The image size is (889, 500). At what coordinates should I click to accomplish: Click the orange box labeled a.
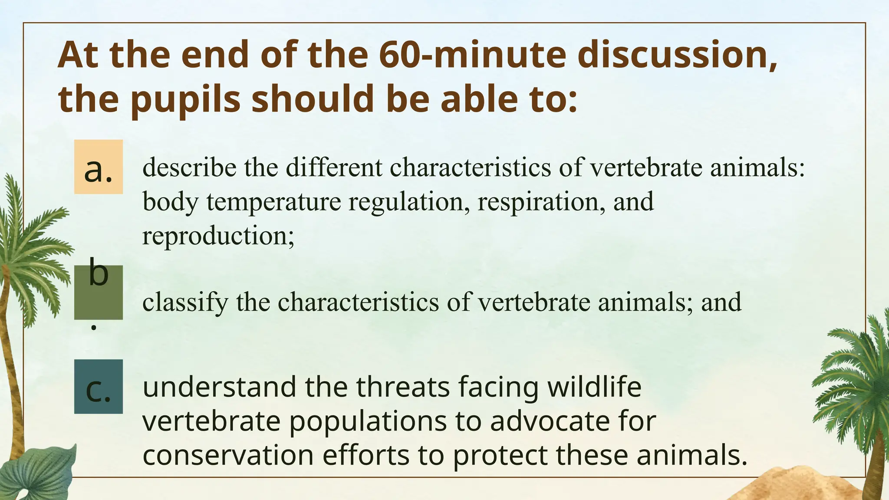(98, 167)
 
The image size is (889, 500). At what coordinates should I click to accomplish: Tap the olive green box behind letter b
(98, 299)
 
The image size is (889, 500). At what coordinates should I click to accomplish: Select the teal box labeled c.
(98, 387)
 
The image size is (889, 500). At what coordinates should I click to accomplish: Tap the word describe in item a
(189, 168)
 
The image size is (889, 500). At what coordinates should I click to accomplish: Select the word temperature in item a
(273, 202)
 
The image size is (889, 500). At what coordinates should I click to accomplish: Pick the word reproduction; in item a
(218, 236)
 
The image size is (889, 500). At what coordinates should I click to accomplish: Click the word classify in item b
(185, 303)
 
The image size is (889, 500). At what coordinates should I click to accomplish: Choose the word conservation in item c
(228, 455)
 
